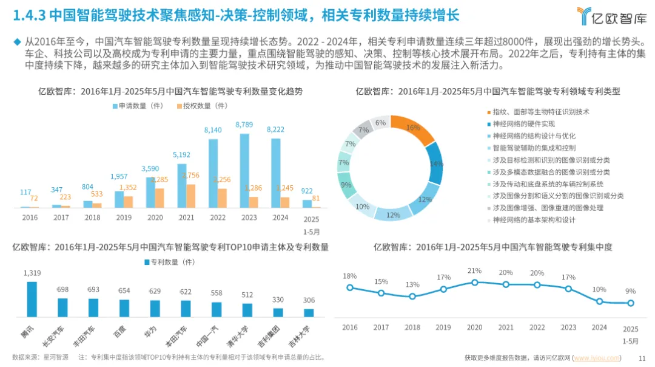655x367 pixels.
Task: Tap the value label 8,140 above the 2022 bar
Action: coord(213,130)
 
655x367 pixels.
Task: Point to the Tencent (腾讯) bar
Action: coord(32,299)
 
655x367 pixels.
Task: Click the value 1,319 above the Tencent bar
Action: coord(32,273)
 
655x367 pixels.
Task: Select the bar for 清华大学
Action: coord(247,310)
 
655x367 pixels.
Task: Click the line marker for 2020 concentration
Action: coord(475,283)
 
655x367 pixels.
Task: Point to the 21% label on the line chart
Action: coord(474,271)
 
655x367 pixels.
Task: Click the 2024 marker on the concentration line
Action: coord(599,301)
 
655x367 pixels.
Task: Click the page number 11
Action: coord(642,358)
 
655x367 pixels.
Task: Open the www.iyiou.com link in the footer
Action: coord(597,358)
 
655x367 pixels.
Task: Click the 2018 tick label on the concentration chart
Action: coord(412,327)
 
